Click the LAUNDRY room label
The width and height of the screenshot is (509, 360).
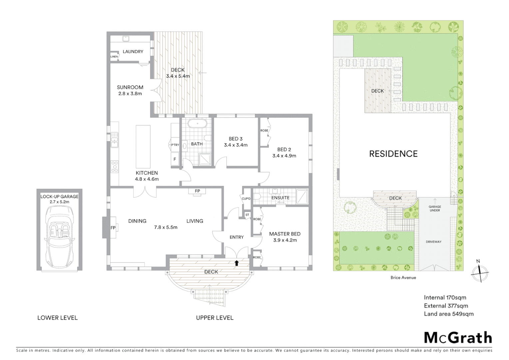133,52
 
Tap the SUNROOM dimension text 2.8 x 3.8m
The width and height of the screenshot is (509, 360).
130,94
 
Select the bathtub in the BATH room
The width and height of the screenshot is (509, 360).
197,124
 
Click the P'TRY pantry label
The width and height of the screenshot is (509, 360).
175,145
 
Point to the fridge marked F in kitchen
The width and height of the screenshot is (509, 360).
175,159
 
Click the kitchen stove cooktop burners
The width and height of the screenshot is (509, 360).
114,167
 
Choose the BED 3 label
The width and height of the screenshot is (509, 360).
236,139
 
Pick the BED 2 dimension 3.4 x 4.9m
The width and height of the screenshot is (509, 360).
284,156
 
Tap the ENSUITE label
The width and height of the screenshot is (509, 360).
280,198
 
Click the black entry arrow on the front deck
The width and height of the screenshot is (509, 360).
237,263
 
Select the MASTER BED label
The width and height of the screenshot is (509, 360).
285,234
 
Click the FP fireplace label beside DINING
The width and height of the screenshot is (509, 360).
113,228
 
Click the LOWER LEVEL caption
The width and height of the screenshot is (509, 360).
57,318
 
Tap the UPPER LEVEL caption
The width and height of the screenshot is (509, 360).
215,318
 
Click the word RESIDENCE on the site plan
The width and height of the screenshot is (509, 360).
393,154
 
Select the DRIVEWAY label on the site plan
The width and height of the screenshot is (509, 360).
433,242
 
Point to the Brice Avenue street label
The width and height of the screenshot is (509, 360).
403,277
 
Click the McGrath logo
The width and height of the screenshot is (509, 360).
458,338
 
